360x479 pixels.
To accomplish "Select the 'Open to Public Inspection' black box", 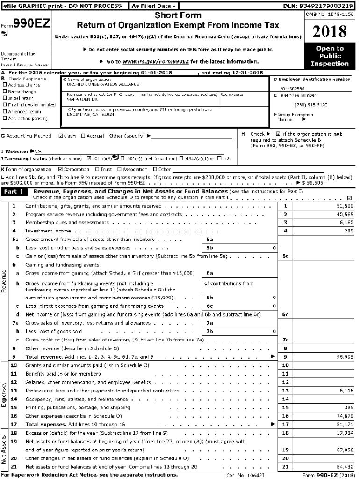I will point(330,56).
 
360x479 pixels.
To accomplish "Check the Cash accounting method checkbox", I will point(61,136).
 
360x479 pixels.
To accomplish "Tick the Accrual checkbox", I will point(83,136).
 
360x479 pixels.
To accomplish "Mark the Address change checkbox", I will point(4,85).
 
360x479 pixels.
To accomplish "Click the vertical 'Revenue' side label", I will point(4,283).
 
